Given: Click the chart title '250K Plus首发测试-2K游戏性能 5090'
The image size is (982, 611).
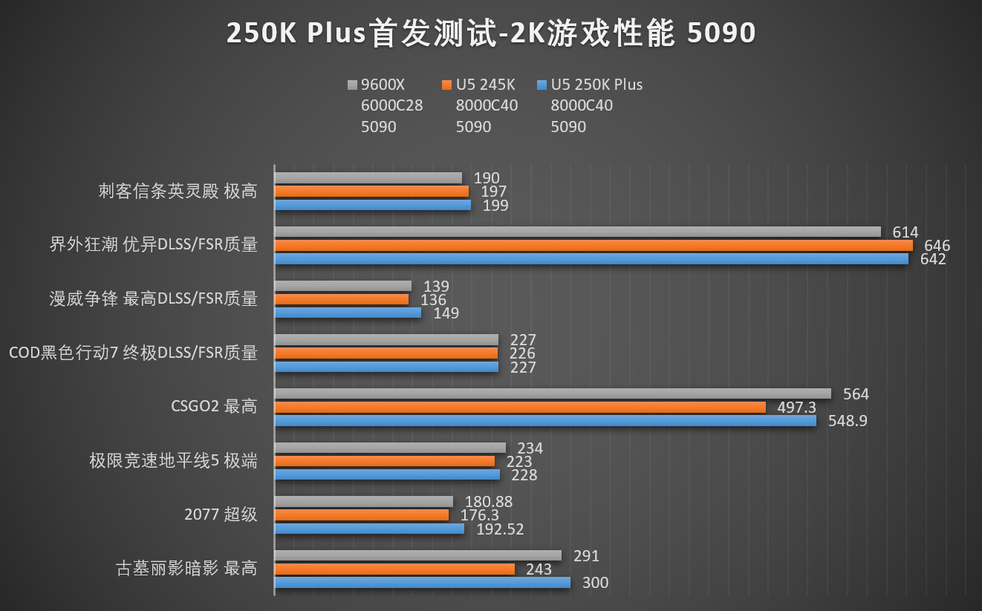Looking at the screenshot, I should [490, 33].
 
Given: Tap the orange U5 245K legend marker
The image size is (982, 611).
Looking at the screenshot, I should [446, 85].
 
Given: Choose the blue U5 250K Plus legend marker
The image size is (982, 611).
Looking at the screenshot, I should [542, 85].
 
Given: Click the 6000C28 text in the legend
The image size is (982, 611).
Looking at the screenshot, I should [391, 105].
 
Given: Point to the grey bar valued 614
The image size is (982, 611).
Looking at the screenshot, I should [577, 232].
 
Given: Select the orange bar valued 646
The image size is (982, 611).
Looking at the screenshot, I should [594, 245].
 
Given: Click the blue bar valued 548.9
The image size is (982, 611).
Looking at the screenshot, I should [545, 420].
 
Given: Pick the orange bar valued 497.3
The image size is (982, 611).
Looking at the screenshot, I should [520, 407].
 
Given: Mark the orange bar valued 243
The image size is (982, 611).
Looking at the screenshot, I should [394, 569].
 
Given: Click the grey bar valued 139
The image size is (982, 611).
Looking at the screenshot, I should [342, 286].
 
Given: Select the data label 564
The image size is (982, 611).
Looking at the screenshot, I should [856, 394].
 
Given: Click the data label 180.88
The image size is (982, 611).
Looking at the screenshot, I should [488, 503].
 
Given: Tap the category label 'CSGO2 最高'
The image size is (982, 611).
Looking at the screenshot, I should [214, 407].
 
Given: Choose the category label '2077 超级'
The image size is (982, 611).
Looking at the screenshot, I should [221, 514].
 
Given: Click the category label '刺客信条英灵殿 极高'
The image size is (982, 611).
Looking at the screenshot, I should [178, 192].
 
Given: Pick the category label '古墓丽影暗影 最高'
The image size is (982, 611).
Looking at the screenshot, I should [186, 569].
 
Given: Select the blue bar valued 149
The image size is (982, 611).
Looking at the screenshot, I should [348, 313].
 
